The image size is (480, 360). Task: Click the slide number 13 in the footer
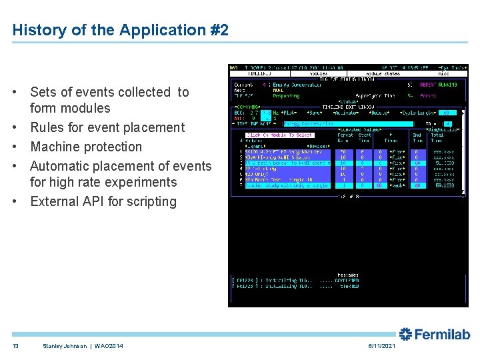(15, 345)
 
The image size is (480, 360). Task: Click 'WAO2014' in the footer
(108, 345)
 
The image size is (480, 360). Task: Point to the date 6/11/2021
(381, 345)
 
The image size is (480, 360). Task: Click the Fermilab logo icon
(406, 334)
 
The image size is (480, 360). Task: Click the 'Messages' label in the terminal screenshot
(348, 275)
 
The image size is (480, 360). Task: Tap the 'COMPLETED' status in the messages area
(349, 279)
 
